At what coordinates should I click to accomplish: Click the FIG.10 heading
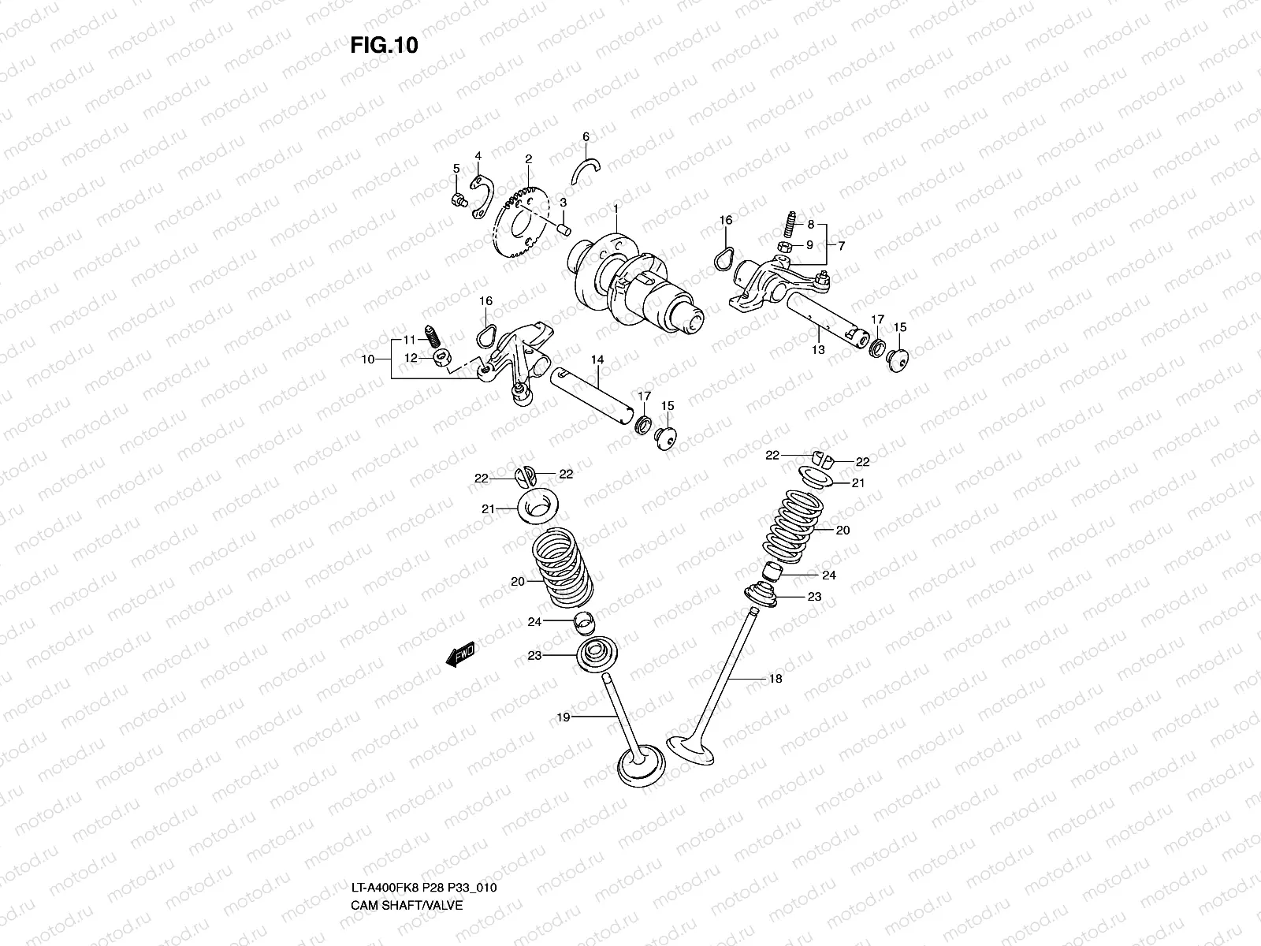[x=384, y=46]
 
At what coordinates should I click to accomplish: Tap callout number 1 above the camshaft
[x=616, y=208]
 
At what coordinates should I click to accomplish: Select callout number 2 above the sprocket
[x=528, y=159]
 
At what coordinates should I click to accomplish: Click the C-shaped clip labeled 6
[x=587, y=169]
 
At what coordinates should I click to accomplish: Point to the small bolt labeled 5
[x=456, y=200]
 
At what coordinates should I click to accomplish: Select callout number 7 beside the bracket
[x=841, y=246]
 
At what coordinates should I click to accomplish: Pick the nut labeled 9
[x=786, y=248]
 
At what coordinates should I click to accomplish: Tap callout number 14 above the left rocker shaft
[x=597, y=359]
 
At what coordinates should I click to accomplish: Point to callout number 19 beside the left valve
[x=563, y=717]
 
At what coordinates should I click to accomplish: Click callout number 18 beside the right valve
[x=776, y=678]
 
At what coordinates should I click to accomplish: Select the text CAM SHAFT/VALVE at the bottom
[x=407, y=838]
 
